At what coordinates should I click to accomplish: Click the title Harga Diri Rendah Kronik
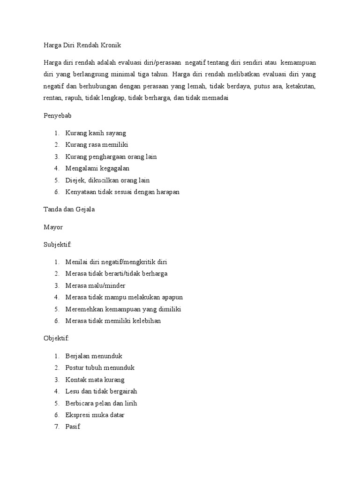click(82, 45)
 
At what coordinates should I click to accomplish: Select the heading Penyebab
click(57, 116)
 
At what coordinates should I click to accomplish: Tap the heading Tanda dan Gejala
click(69, 210)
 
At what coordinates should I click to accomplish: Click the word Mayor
click(53, 227)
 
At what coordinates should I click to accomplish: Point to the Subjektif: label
click(58, 244)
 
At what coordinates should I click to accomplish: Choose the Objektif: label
click(56, 338)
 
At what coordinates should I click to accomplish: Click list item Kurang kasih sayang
click(96, 133)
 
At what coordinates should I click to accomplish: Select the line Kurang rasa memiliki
click(97, 145)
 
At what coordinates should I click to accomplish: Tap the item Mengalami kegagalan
click(97, 168)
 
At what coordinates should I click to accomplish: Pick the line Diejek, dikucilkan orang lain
click(108, 180)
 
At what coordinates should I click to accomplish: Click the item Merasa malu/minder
click(96, 285)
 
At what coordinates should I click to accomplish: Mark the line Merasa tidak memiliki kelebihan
click(113, 321)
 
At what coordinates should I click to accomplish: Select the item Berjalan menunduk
click(94, 356)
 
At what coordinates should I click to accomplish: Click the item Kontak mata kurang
click(95, 379)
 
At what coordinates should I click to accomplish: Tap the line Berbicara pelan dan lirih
click(101, 403)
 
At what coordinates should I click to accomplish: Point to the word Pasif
click(73, 427)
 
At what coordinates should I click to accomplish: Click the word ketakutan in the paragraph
click(300, 86)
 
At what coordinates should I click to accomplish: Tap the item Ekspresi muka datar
click(95, 415)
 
